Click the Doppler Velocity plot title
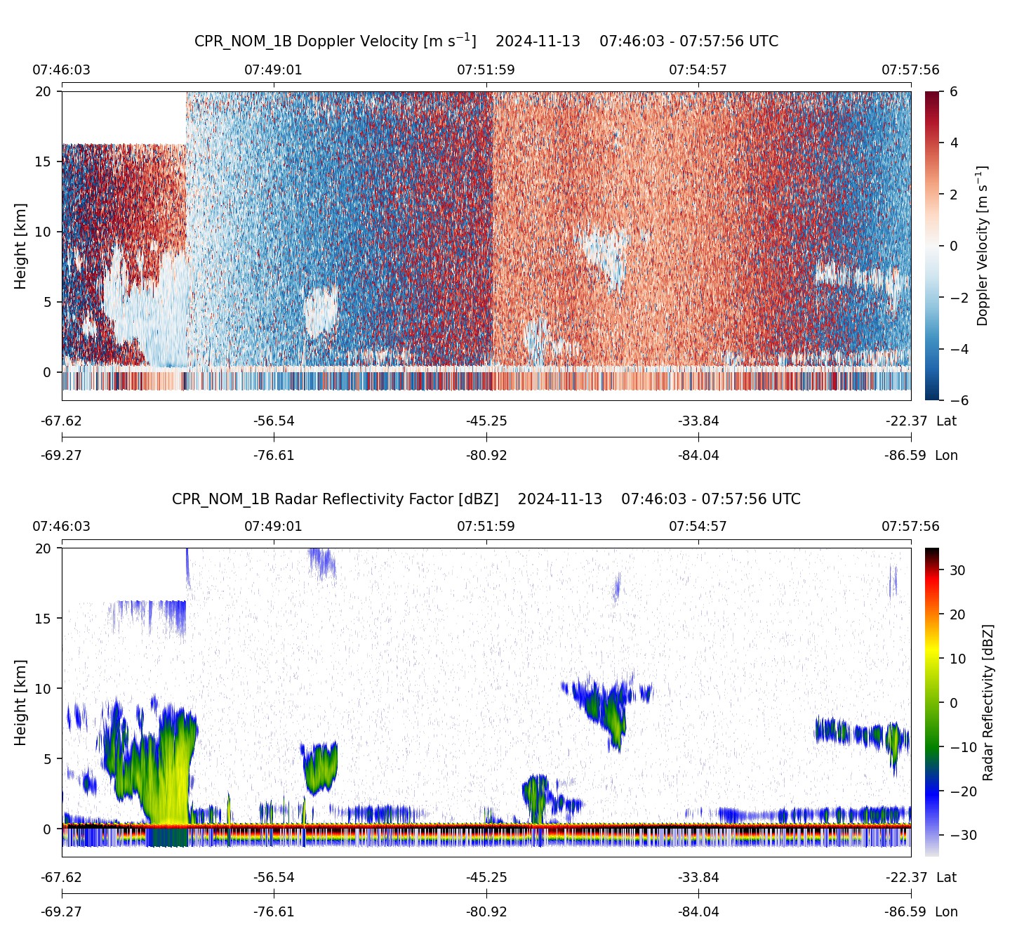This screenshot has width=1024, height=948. click(486, 41)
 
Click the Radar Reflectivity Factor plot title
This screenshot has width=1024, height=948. click(486, 499)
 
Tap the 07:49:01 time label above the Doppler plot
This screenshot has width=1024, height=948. click(273, 70)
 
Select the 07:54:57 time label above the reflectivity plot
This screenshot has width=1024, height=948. click(698, 527)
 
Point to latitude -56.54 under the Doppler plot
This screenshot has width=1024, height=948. click(274, 421)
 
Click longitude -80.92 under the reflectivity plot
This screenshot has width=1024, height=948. click(486, 912)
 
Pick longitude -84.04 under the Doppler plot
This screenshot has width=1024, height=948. click(698, 456)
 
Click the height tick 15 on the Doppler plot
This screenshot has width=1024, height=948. click(44, 162)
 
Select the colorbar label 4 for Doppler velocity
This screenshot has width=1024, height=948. click(954, 143)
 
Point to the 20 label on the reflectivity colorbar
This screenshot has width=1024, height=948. click(957, 614)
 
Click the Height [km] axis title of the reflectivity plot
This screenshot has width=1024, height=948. click(20, 702)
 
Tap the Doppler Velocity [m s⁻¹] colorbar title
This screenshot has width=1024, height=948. click(982, 246)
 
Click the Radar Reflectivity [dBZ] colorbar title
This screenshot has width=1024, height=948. click(988, 702)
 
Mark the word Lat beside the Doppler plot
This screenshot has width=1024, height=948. click(946, 421)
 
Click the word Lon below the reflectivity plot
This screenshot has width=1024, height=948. click(946, 912)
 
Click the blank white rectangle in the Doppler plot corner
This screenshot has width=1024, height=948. click(124, 117)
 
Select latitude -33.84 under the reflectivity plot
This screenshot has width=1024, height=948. click(698, 878)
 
